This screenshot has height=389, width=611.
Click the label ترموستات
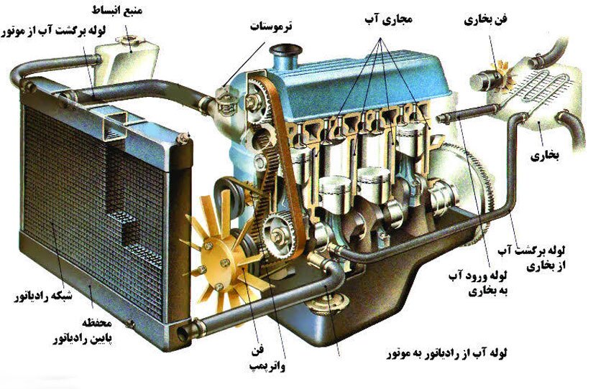(x=271, y=27)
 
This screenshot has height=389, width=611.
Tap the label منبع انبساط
(x=117, y=11)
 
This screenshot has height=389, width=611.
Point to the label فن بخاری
(x=485, y=19)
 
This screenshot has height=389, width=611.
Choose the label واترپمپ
(x=267, y=365)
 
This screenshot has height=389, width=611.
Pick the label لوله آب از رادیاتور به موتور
(x=446, y=354)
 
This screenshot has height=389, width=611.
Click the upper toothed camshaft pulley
(x=257, y=96)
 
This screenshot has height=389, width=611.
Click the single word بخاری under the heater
(x=545, y=156)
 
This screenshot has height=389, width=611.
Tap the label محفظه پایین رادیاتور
(x=83, y=332)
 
